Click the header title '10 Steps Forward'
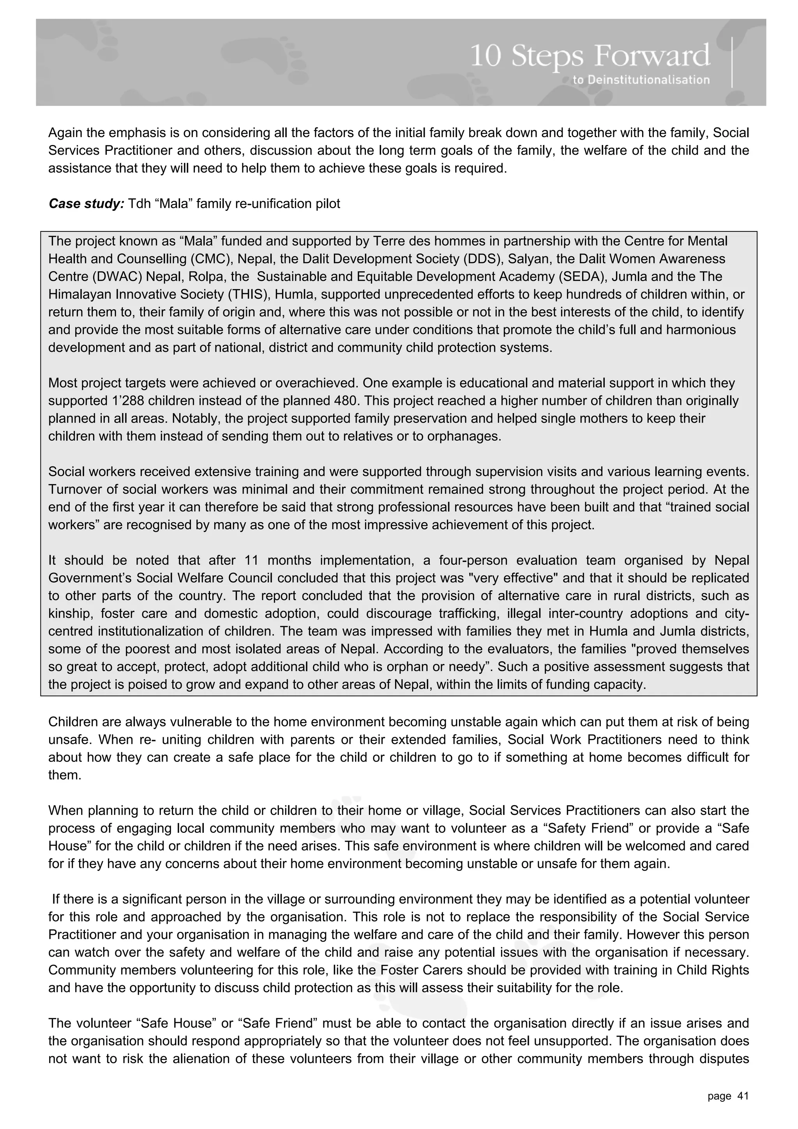[590, 57]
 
